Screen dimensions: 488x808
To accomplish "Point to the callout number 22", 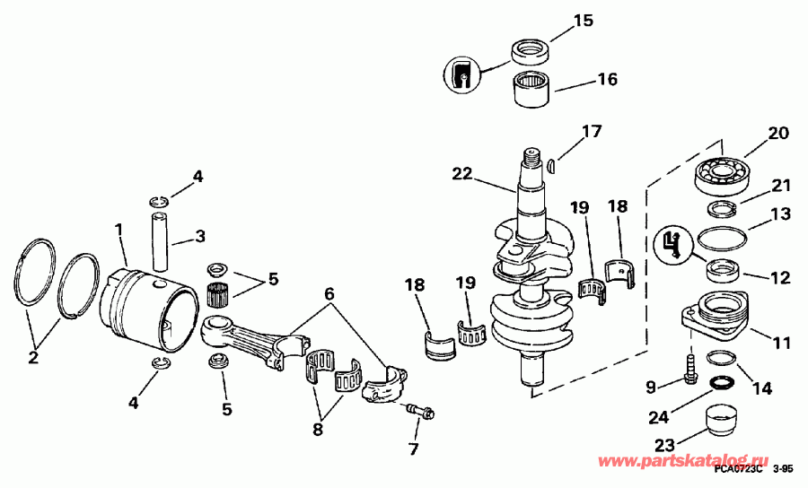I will (462, 174).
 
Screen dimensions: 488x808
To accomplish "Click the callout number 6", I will (329, 292).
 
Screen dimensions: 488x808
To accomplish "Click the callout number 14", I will (761, 388).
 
